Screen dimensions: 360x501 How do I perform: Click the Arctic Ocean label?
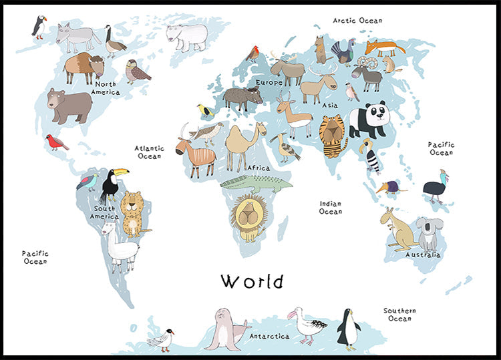click(357, 21)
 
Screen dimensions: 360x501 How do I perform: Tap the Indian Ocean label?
click(330, 208)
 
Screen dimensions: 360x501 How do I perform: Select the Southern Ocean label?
click(399, 315)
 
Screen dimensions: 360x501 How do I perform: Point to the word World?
click(252, 281)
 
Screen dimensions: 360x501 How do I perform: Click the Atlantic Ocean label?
click(149, 152)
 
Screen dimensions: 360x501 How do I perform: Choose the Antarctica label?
click(269, 336)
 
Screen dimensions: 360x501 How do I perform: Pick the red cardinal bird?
click(57, 142)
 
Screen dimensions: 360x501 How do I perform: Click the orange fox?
click(383, 47)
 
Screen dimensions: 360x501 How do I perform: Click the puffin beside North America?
click(39, 27)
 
